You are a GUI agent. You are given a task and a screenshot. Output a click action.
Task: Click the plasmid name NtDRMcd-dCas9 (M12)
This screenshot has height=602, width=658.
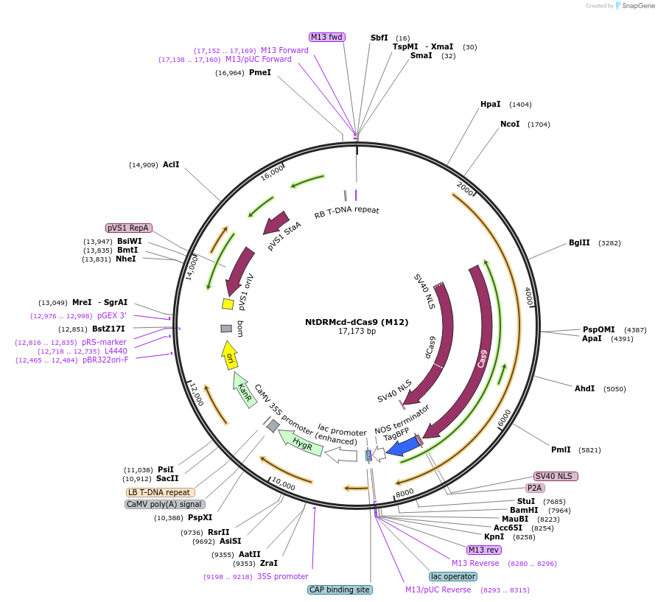pyautogui.click(x=357, y=322)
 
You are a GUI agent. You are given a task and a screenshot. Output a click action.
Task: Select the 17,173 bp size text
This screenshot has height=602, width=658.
pyautogui.click(x=357, y=332)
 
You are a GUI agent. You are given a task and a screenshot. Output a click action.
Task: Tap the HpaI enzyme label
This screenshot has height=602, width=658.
pyautogui.click(x=490, y=105)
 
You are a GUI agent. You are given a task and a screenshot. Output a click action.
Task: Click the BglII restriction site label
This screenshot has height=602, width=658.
pyautogui.click(x=579, y=242)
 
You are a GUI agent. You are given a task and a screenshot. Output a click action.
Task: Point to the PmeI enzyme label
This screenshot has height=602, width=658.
pyautogui.click(x=260, y=72)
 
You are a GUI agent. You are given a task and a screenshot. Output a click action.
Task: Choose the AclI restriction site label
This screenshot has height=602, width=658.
pyautogui.click(x=171, y=164)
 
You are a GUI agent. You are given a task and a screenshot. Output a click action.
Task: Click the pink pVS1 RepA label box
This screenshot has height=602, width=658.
pyautogui.click(x=129, y=228)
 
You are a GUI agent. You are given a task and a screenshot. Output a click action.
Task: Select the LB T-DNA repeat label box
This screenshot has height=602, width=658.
pyautogui.click(x=161, y=492)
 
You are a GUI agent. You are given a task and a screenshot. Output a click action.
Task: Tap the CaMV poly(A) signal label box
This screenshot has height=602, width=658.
pyautogui.click(x=164, y=505)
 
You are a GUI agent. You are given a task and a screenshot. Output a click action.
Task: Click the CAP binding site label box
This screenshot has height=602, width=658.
pyautogui.click(x=340, y=589)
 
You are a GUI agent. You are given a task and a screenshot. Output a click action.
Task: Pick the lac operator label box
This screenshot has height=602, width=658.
pyautogui.click(x=452, y=576)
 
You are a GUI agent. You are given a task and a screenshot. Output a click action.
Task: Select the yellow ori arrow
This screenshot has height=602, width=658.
pyautogui.click(x=229, y=355)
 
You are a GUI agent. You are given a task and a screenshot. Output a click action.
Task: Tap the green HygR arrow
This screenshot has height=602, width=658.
pyautogui.click(x=301, y=441)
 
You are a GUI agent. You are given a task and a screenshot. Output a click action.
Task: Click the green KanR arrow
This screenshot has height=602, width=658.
pyautogui.click(x=242, y=388)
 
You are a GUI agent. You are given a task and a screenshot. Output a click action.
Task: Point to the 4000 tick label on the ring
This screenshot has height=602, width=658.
pyautogui.click(x=528, y=298)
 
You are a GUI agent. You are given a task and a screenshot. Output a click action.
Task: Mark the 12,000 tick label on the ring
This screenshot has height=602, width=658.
pyautogui.click(x=195, y=394)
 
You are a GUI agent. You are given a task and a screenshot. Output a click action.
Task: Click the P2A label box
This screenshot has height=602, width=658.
pyautogui.click(x=535, y=488)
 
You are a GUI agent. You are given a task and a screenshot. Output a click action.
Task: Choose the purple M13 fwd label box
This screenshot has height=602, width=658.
pyautogui.click(x=326, y=37)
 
